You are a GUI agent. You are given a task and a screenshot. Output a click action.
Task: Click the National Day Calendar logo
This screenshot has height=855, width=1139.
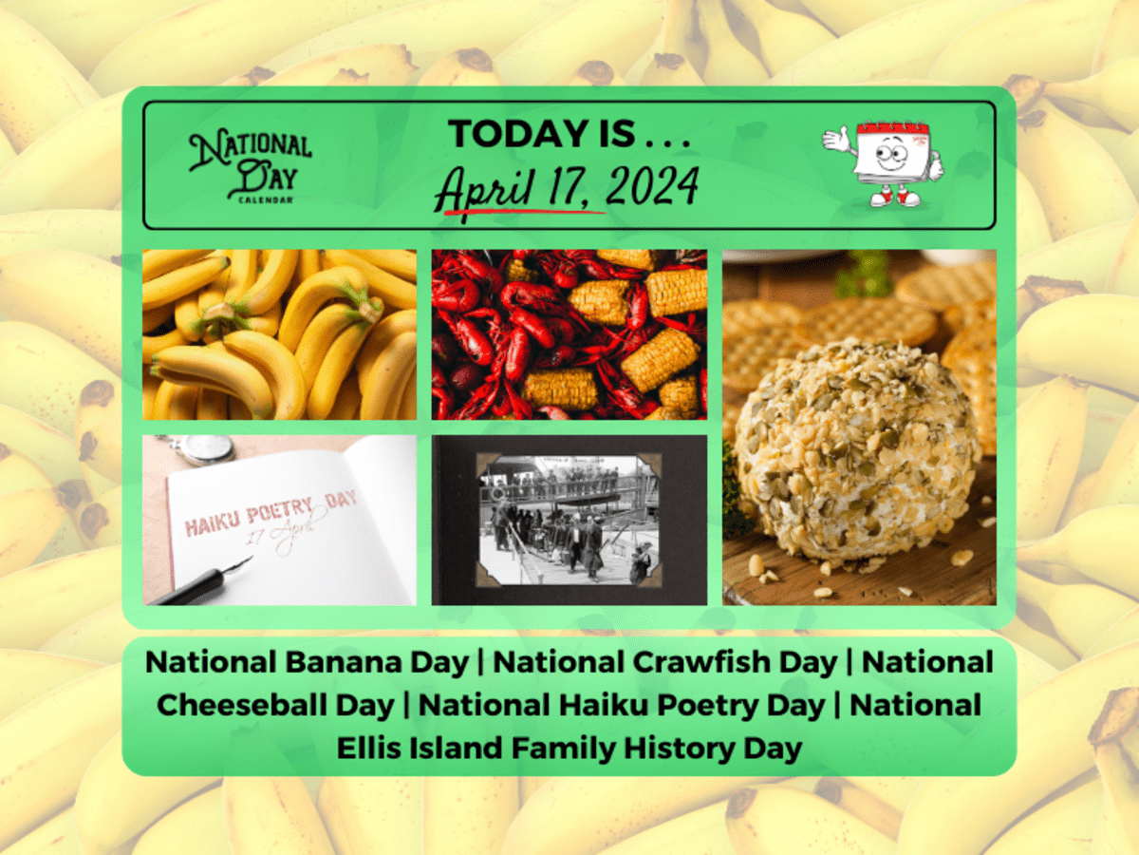(x=250, y=166)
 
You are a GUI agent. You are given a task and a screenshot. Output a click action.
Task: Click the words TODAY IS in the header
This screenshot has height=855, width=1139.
(x=569, y=134)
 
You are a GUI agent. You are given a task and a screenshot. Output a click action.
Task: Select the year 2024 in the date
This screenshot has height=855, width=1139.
(x=652, y=186)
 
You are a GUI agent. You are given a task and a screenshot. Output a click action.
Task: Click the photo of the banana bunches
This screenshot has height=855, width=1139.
(x=279, y=334)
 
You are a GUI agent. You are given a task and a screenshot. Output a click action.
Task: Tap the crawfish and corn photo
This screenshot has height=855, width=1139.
(x=569, y=334)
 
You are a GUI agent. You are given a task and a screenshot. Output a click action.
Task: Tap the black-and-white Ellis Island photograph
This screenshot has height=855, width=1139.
(x=569, y=519)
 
